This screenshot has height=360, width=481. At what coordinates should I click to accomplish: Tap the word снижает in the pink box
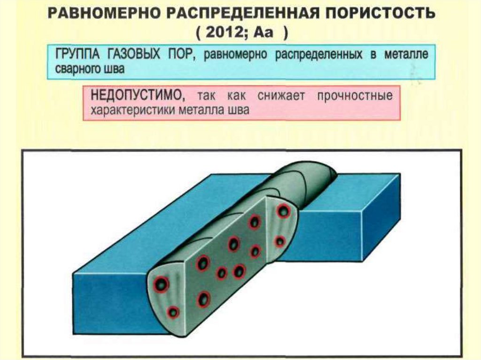281,96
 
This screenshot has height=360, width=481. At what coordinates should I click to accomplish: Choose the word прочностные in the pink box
355,96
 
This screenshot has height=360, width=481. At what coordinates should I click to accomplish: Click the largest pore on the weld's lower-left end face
161,283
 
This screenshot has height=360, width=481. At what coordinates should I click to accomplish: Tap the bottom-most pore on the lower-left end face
173,311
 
